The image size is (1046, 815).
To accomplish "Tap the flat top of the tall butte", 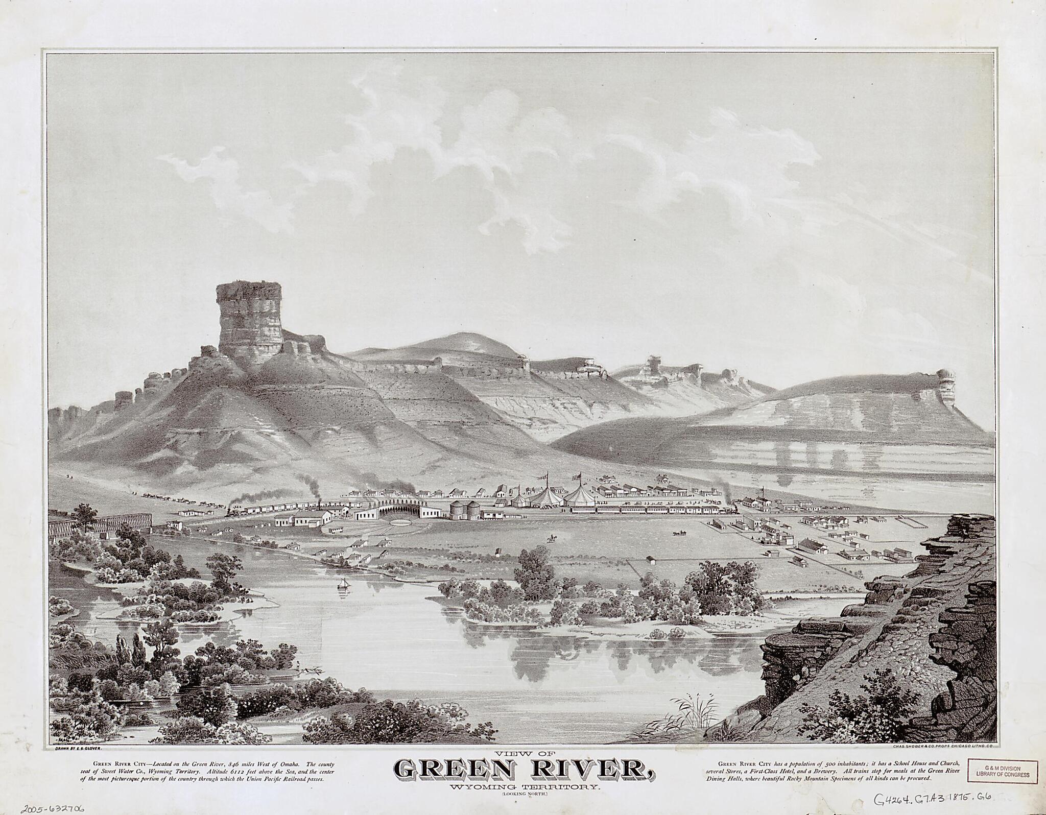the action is pyautogui.click(x=249, y=286).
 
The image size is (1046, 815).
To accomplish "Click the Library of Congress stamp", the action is pyautogui.click(x=1002, y=771).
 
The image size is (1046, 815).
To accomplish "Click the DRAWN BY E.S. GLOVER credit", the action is pyautogui.click(x=77, y=747).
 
